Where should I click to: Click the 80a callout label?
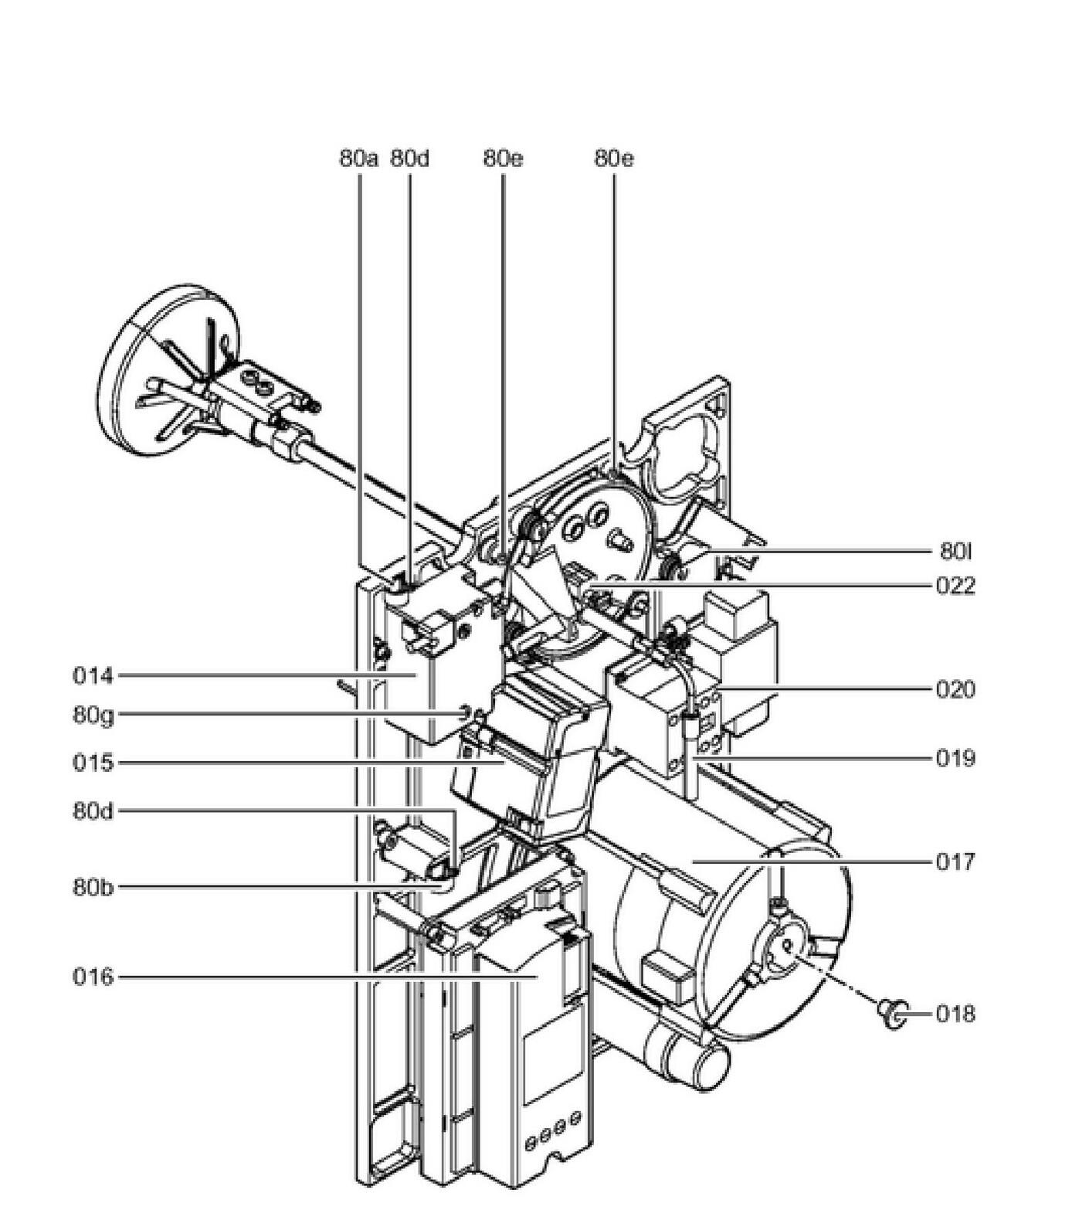(359, 158)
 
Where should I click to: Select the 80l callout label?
(955, 551)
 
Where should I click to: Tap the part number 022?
(955, 586)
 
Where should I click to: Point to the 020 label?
(955, 688)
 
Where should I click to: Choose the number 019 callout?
(955, 758)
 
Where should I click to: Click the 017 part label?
(955, 861)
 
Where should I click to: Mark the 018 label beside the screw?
(955, 1013)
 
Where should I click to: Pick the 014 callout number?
(93, 676)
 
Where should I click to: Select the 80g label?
(93, 715)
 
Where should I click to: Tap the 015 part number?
(93, 763)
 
